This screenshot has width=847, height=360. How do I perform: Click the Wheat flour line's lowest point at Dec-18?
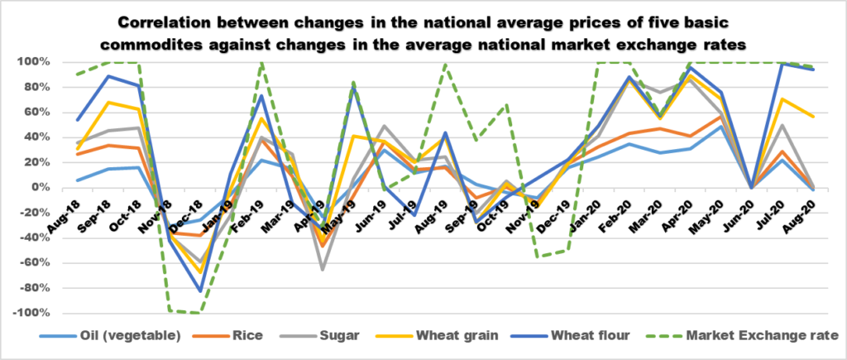point(199,290)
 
